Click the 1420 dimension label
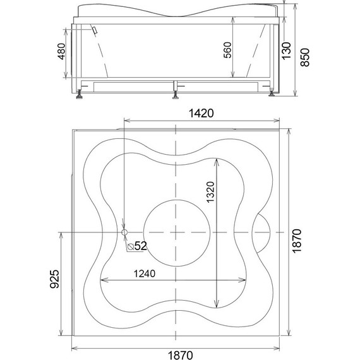click(x=201, y=113)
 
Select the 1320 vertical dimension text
click(x=210, y=192)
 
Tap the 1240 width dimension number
click(x=145, y=273)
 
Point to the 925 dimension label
click(x=55, y=279)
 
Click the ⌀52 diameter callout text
click(x=137, y=246)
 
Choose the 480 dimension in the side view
click(x=61, y=51)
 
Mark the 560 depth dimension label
click(x=227, y=50)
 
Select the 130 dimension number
click(x=286, y=51)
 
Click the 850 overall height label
click(x=305, y=57)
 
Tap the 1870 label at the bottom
click(x=181, y=355)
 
